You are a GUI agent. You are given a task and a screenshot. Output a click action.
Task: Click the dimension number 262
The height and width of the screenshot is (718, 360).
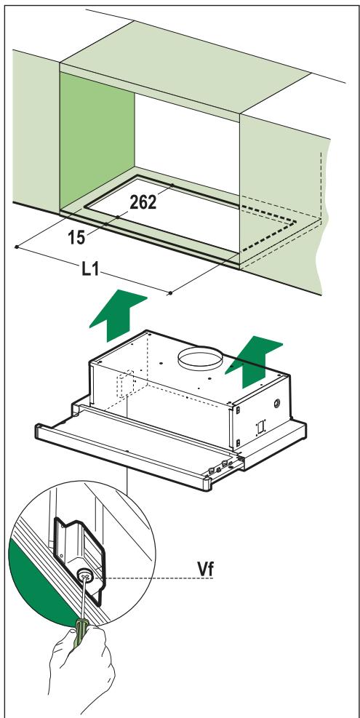click(144, 203)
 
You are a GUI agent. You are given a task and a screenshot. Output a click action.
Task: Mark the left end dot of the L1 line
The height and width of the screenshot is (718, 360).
click(16, 247)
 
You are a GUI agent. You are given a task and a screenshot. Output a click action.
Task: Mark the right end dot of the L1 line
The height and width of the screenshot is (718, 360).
click(170, 292)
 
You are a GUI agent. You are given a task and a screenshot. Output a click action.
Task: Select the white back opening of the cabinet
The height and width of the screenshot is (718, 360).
click(187, 138)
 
